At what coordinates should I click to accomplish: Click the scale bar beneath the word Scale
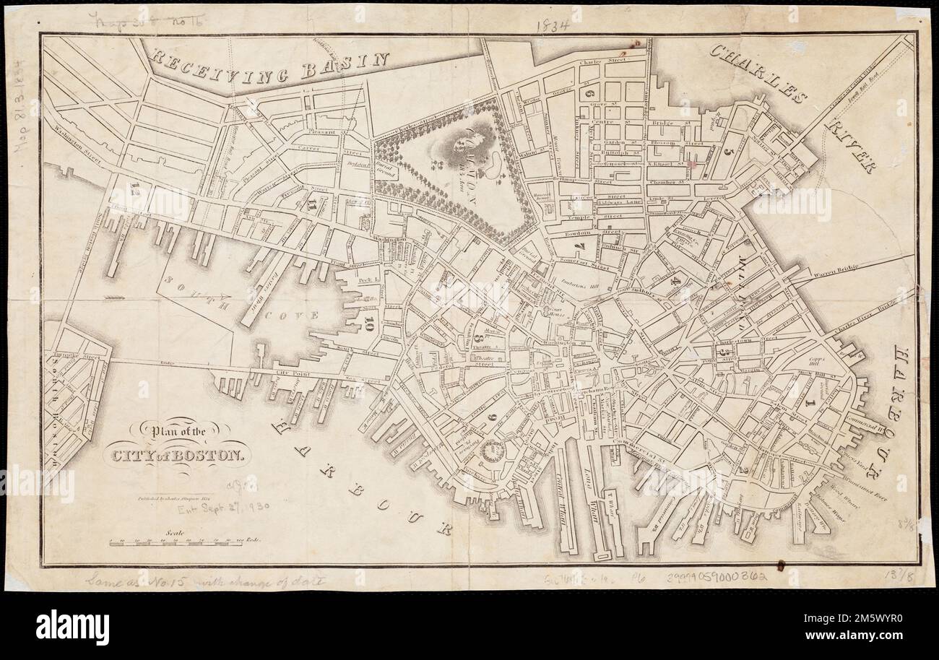181,542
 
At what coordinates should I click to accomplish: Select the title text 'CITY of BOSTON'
178,456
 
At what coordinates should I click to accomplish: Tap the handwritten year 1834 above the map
553,25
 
